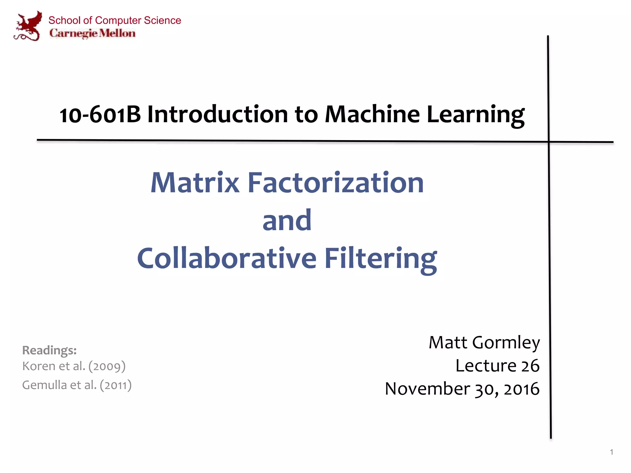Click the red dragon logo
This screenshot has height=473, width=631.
click(28, 26)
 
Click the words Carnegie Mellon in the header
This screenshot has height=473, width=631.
click(92, 33)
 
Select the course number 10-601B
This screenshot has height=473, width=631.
click(100, 115)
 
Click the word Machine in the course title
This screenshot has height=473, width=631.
click(372, 115)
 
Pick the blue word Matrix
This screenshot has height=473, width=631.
click(195, 183)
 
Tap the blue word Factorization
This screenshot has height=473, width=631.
click(336, 183)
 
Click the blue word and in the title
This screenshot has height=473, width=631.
click(287, 220)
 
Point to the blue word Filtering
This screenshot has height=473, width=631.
click(381, 259)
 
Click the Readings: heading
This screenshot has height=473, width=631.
click(49, 350)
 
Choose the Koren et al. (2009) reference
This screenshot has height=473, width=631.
click(74, 366)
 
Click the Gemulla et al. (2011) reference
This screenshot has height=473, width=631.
click(77, 385)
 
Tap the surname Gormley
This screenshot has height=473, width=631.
click(506, 343)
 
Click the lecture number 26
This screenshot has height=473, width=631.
click(530, 366)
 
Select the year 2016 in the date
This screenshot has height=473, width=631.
click(521, 389)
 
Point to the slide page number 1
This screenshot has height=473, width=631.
click(612, 452)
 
